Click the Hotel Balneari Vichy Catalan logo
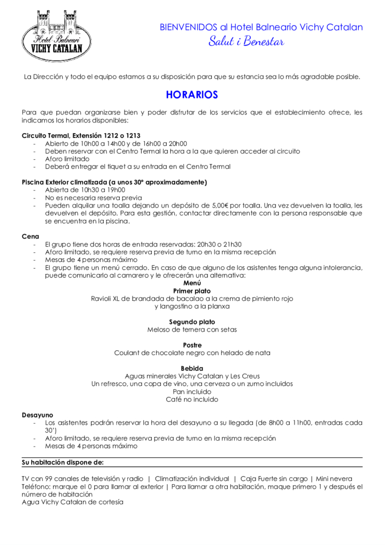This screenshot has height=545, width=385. [56, 35]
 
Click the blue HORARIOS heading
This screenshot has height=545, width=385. [192, 95]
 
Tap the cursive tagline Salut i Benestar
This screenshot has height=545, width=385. [246, 42]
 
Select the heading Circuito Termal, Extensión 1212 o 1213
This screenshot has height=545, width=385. [81, 136]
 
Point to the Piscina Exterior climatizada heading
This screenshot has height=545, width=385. [114, 182]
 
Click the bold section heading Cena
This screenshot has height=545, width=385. [30, 236]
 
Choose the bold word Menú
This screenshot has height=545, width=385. [192, 283]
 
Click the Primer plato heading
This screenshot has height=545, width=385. [192, 291]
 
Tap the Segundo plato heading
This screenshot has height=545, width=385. [192, 322]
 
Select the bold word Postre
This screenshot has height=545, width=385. [192, 345]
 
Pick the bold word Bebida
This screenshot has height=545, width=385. [192, 368]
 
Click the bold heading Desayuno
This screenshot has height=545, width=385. [37, 415]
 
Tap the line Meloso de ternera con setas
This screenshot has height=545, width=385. [192, 329]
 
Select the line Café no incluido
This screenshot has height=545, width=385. [192, 399]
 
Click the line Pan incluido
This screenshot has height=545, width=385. [192, 391]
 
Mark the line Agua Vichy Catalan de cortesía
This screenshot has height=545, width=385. [72, 501]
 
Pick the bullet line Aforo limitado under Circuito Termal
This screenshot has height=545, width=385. [67, 159]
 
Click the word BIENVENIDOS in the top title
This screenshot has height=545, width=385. [189, 27]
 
